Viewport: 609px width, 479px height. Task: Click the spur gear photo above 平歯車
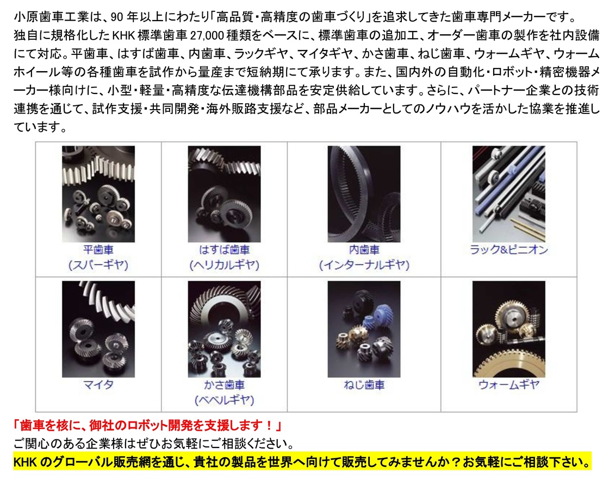coord(98,194)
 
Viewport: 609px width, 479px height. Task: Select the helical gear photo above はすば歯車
coord(224,194)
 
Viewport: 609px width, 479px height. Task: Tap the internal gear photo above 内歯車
coord(364,194)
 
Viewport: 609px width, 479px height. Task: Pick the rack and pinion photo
coord(509,194)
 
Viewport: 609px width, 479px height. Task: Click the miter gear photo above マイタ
coord(98,329)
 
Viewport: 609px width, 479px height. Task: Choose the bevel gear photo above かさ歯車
coord(224,329)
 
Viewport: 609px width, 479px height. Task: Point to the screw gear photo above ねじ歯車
coord(364,329)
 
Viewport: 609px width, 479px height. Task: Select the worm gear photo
coord(509,329)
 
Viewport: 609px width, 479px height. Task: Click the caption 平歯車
coord(98,249)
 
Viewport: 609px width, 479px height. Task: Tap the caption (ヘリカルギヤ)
coord(224,265)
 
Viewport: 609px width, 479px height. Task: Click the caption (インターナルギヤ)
coord(364,265)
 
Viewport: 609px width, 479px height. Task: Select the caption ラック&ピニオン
coord(509,249)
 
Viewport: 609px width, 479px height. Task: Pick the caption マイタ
coord(98,385)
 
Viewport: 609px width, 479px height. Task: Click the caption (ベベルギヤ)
coord(224,400)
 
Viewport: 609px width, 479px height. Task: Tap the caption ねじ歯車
coord(364,385)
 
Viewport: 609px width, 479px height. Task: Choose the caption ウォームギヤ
coord(509,385)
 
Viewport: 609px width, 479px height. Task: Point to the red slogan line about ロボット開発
coord(147,425)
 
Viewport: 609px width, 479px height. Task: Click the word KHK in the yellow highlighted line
coord(25,462)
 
